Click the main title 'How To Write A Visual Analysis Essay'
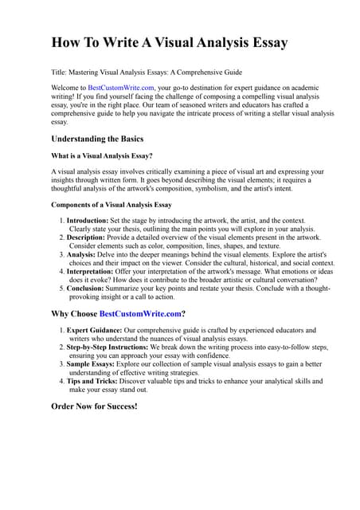pyautogui.click(x=169, y=42)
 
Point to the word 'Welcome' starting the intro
pyautogui.click(x=67, y=87)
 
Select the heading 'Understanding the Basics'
pyautogui.click(x=97, y=139)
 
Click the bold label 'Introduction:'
pyautogui.click(x=90, y=220)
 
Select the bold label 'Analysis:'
pyautogui.click(x=84, y=255)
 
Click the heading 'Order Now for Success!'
pyautogui.click(x=94, y=406)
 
